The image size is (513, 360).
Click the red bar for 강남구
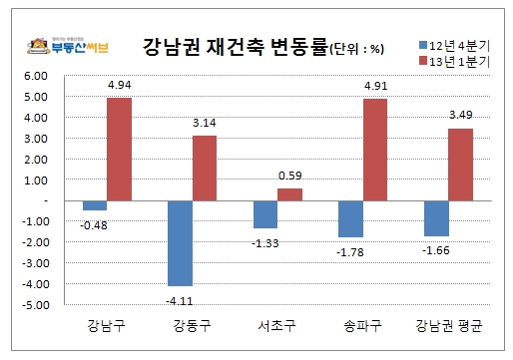tap(120, 149)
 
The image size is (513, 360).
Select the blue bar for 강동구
tap(181, 242)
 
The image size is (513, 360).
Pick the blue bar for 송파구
tap(350, 218)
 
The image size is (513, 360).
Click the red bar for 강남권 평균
tap(460, 164)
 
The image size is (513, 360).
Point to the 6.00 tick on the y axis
tap(35, 76)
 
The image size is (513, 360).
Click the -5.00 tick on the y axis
tap(34, 304)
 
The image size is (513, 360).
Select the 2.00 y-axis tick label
tap(35, 159)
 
